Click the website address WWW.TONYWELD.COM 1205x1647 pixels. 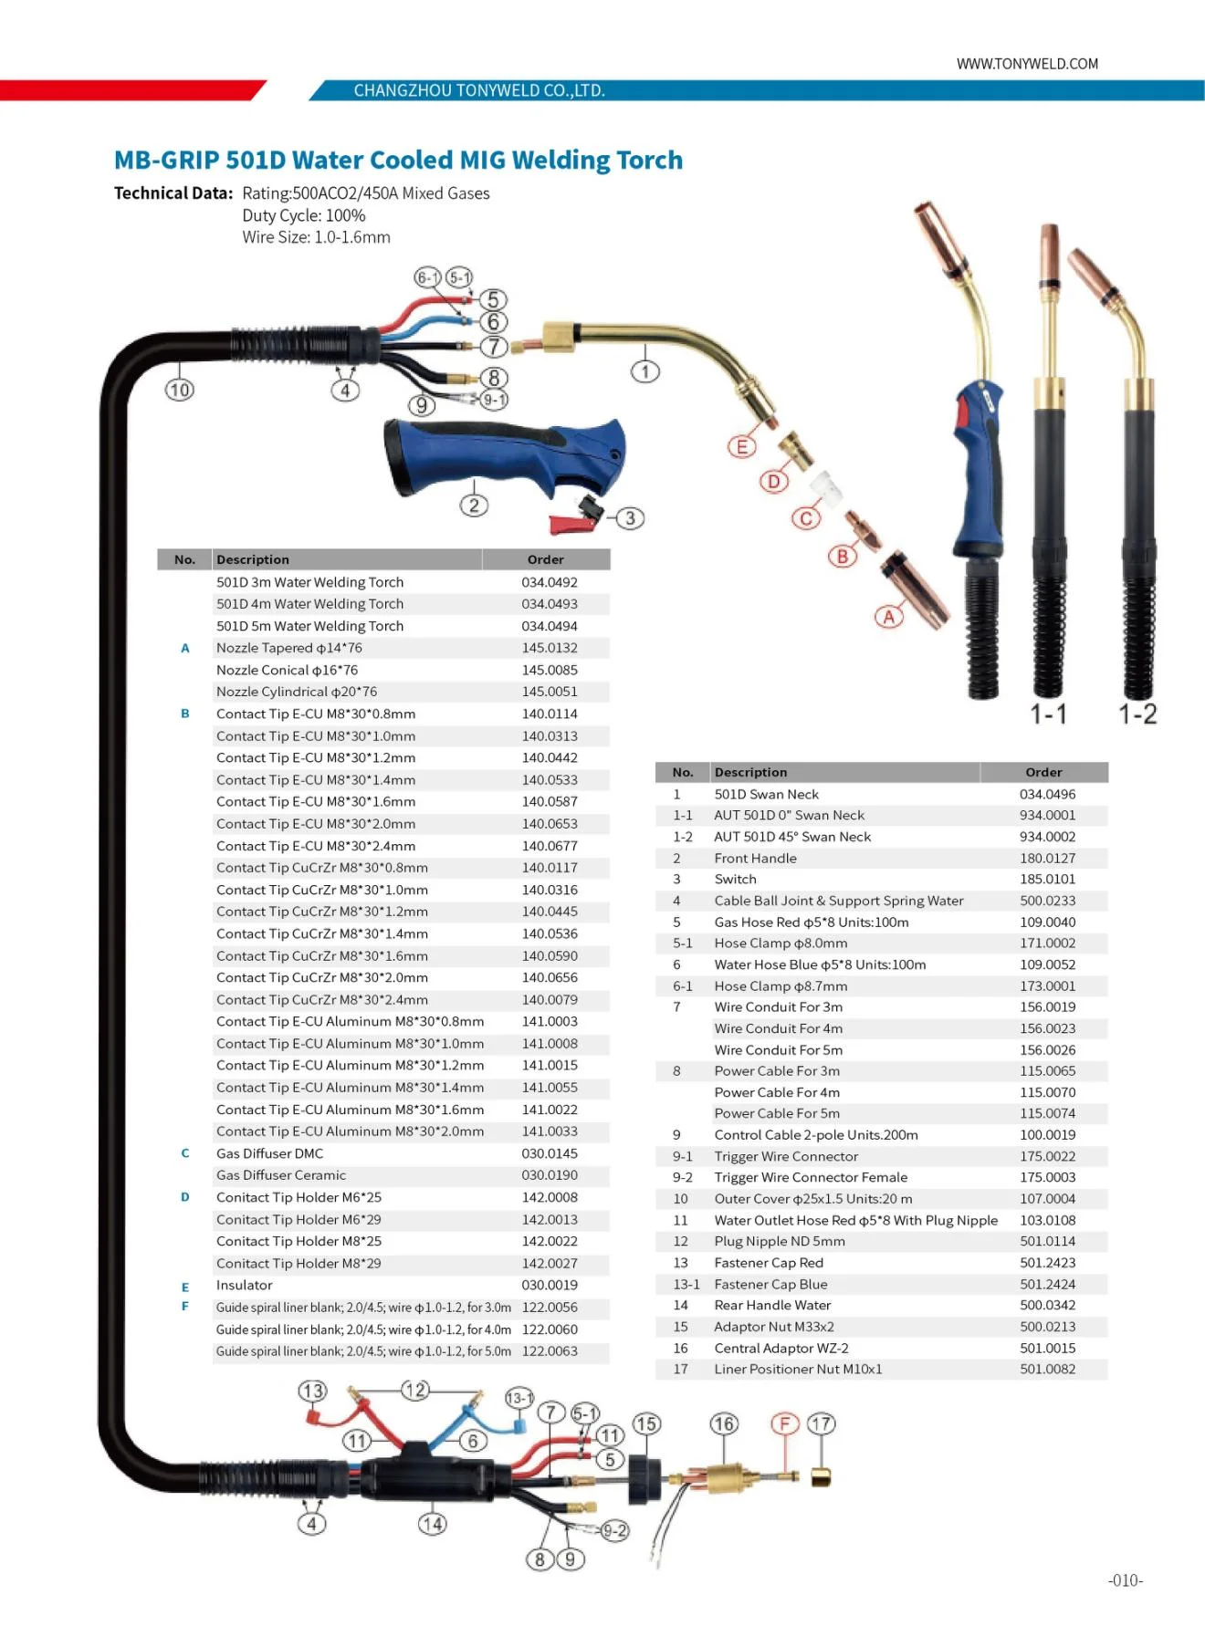[1027, 64]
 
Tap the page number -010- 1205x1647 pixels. [1126, 1580]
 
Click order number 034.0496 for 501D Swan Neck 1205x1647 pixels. [1047, 794]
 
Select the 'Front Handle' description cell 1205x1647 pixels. [755, 858]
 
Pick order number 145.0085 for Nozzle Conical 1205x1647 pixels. [550, 670]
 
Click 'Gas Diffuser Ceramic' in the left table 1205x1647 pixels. [281, 1175]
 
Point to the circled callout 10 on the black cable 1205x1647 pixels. [180, 390]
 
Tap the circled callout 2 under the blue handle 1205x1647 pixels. [474, 506]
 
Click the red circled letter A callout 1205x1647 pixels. [889, 617]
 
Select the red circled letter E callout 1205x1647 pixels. [741, 446]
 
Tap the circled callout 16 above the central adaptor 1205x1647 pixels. [724, 1424]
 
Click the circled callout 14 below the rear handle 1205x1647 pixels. [433, 1523]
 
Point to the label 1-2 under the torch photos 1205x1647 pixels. [1137, 714]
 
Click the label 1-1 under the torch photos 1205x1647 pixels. [1049, 714]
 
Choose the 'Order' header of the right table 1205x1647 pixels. [1043, 772]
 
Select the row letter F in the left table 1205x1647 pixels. [185, 1307]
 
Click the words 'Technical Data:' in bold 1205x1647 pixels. [173, 193]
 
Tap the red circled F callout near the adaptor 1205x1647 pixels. [784, 1424]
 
